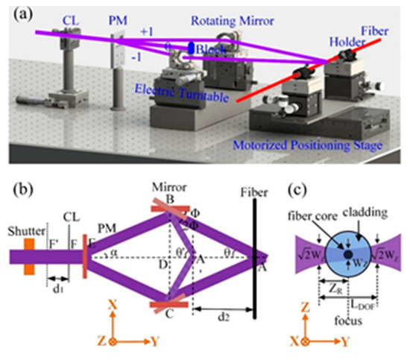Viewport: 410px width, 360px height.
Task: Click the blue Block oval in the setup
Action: [190, 48]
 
